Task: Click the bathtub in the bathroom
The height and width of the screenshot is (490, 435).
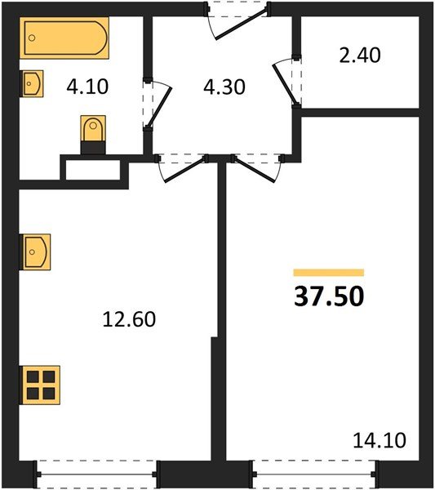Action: point(64,39)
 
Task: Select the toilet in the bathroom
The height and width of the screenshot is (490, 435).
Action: point(93,133)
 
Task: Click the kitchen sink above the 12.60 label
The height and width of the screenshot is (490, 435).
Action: point(37,252)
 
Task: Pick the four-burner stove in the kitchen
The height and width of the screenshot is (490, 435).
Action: point(42,384)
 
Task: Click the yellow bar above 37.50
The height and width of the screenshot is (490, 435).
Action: point(329,273)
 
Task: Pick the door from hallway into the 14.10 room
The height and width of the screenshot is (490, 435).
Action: point(257,167)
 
